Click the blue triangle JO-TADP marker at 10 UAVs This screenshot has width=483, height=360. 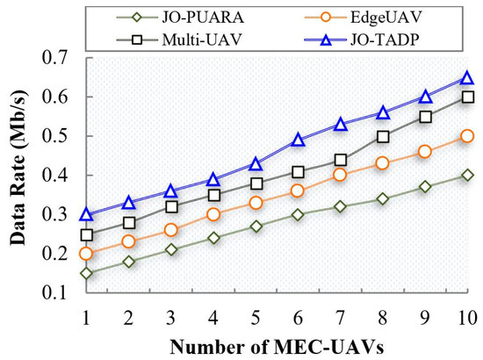coord(467,78)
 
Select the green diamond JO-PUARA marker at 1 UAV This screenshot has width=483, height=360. coord(86,273)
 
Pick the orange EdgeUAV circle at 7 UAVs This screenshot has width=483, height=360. coord(340,175)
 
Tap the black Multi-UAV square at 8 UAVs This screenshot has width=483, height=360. coord(383,136)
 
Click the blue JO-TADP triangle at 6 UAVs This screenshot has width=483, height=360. coord(298,140)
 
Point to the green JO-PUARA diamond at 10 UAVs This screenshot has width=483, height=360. coord(467,175)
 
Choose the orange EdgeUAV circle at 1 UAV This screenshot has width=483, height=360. coord(86,254)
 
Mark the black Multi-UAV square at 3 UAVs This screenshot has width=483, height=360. coord(171,207)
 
